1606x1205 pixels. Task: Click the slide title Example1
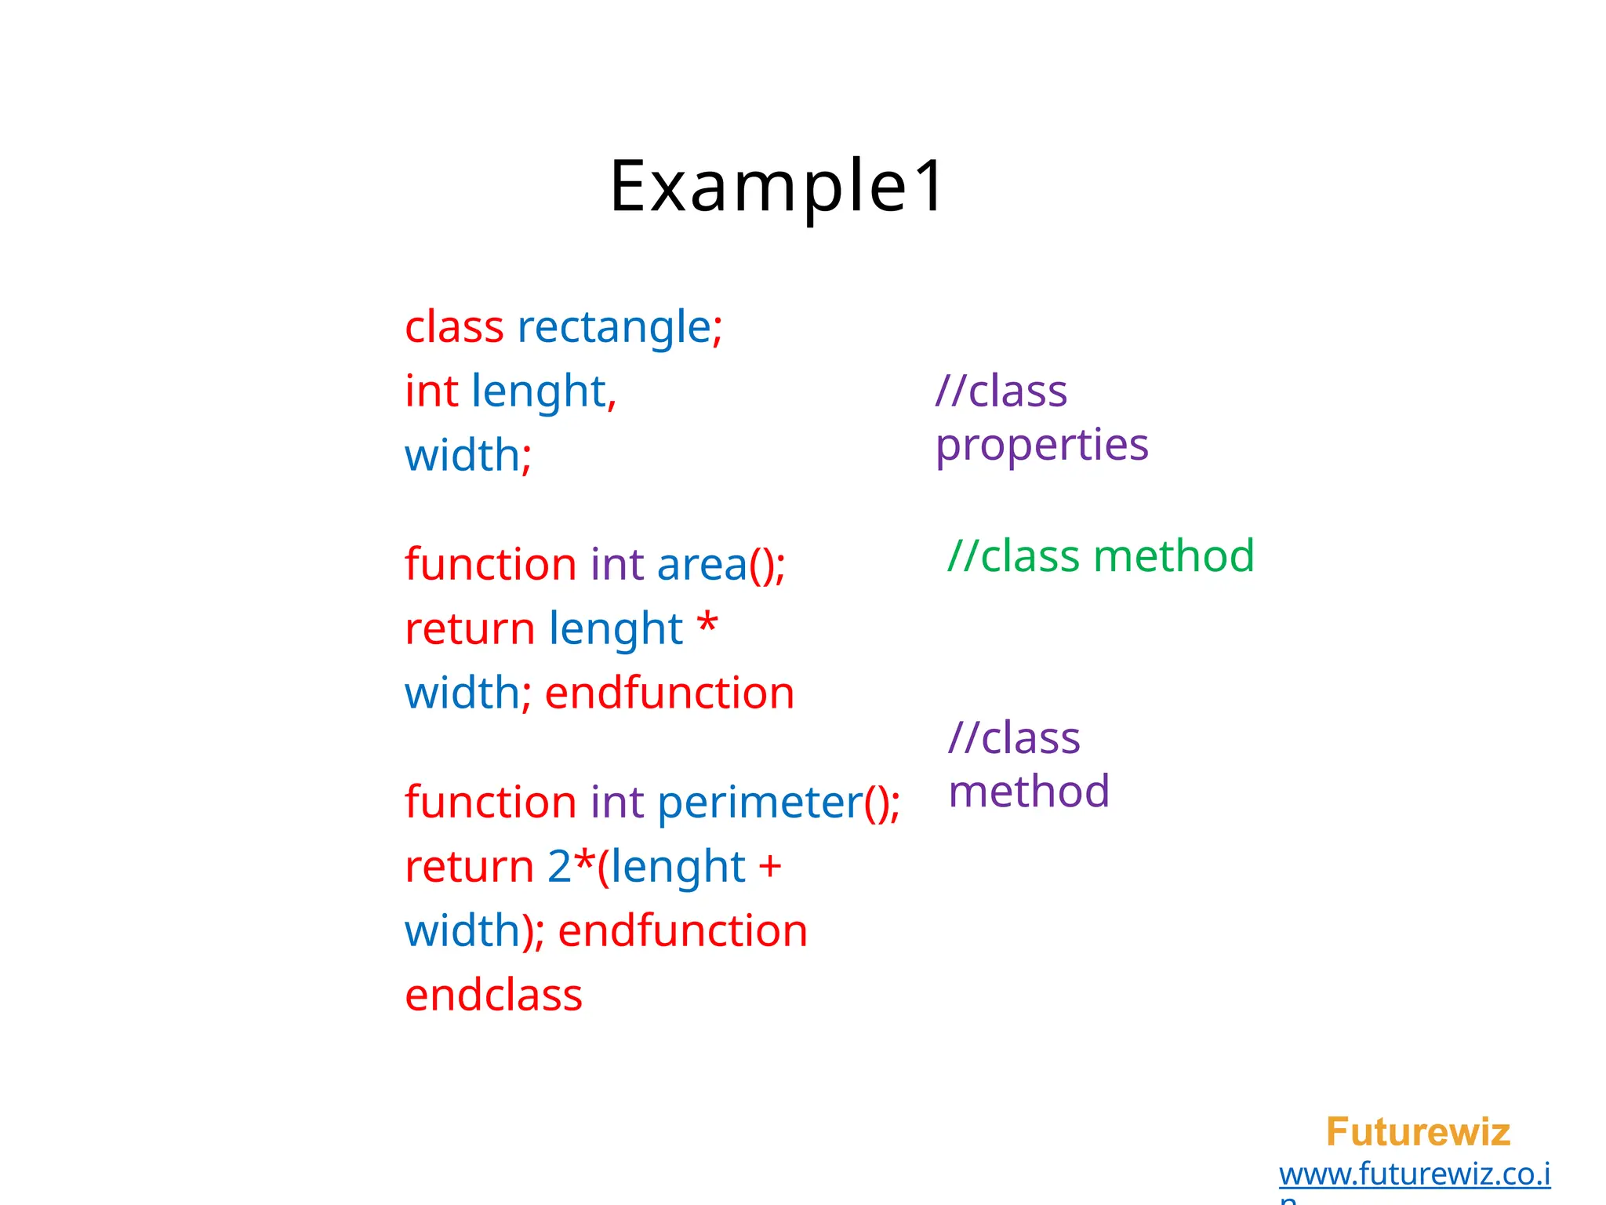[x=776, y=187]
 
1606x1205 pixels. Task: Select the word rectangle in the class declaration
[x=613, y=327]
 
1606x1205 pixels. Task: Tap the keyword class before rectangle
[x=454, y=327]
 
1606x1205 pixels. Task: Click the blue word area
[x=702, y=565]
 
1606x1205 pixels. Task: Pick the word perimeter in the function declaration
[x=759, y=803]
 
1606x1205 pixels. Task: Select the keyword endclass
[x=493, y=996]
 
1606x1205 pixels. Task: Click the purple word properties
[x=1041, y=446]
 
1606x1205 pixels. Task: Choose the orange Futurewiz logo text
[x=1418, y=1132]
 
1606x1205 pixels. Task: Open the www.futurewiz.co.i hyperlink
[x=1415, y=1174]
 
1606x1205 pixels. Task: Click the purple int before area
[x=617, y=565]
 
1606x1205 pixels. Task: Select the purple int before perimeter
[x=617, y=803]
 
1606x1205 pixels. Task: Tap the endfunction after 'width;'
[x=670, y=694]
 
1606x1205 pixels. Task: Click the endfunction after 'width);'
[x=682, y=931]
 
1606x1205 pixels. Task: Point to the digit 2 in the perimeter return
[x=559, y=867]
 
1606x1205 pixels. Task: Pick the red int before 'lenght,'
[x=431, y=391]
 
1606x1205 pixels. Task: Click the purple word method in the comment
[x=1029, y=791]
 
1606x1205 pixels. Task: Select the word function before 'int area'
[x=491, y=565]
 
